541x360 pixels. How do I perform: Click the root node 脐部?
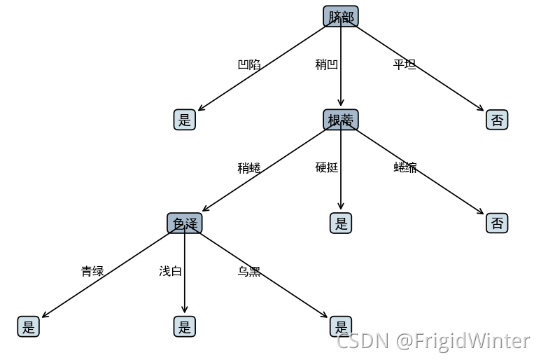coord(341,17)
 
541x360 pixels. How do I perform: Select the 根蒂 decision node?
coord(341,120)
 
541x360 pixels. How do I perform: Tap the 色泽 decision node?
coord(185,223)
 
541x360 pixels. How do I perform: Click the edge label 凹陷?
coord(249,64)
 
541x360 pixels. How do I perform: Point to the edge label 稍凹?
coord(327,64)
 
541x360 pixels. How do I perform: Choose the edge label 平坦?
coord(405,64)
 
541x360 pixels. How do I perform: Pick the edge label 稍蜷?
coord(249,168)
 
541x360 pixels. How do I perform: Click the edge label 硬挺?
coord(327,167)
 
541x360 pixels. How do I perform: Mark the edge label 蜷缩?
coord(405,167)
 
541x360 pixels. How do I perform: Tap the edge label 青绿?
coord(92,271)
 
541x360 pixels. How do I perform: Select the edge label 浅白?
coord(171,271)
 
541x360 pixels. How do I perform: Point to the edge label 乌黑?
coord(249,271)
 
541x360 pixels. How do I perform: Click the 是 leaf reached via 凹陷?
coord(185,120)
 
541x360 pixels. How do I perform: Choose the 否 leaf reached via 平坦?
coord(497,120)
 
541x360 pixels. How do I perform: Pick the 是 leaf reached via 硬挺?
coord(341,223)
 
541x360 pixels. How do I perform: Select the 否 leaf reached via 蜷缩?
coord(497,223)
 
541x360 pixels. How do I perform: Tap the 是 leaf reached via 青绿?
coord(29,326)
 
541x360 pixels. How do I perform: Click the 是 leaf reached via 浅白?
coord(185,326)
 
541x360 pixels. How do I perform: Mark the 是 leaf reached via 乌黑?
coord(341,326)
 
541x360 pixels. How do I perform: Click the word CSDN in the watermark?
coord(363,341)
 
